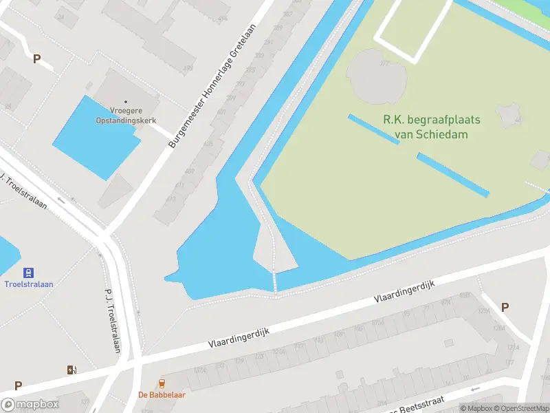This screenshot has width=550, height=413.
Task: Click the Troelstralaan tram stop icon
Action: pyautogui.click(x=29, y=273)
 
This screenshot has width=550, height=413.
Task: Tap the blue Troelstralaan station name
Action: pyautogui.click(x=29, y=284)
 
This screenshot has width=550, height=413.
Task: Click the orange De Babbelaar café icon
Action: pyautogui.click(x=162, y=383)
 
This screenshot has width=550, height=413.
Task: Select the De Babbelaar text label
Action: pyautogui.click(x=162, y=395)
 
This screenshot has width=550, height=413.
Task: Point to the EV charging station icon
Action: pyautogui.click(x=71, y=370)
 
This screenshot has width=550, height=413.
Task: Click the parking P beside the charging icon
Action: pyautogui.click(x=18, y=386)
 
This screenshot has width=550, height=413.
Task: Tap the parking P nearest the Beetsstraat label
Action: pyautogui.click(x=505, y=308)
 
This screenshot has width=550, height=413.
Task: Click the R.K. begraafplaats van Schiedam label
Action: pyautogui.click(x=431, y=127)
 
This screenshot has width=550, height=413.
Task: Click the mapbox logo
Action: pyautogui.click(x=30, y=405)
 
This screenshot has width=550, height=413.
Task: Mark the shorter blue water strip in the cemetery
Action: pyautogui.click(x=374, y=129)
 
